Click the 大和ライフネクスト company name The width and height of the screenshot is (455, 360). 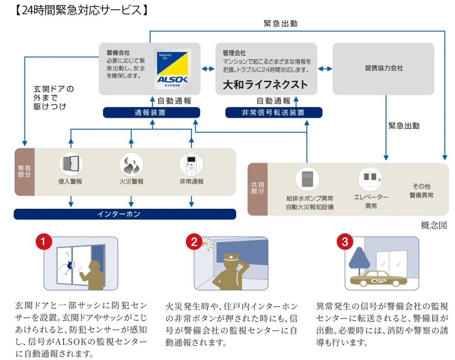coord(265,85)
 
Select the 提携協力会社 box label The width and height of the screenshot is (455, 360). coord(384,68)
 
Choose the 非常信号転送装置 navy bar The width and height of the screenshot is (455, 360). coord(273,112)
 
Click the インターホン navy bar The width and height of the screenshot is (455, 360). coord(125,214)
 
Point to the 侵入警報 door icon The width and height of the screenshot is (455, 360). coord(71,164)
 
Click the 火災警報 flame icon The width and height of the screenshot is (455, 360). coord(131,164)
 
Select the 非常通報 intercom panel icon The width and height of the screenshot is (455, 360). coord(191,164)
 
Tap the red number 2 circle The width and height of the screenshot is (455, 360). coord(194,242)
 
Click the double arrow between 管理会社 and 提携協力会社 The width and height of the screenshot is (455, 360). coord(325,69)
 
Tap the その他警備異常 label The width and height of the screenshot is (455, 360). coord(421,191)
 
